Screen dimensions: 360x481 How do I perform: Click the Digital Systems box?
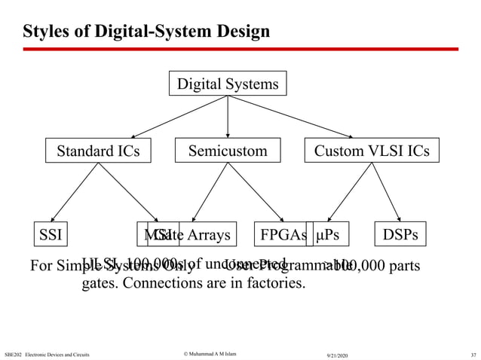[228, 84]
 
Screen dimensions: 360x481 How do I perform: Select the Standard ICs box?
[98, 151]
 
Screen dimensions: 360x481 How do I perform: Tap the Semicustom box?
[228, 151]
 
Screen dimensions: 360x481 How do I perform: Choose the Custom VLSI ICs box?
[372, 151]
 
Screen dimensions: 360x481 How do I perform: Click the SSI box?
[51, 234]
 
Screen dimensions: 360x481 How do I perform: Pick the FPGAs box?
[283, 234]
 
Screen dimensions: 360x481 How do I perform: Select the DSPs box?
[400, 234]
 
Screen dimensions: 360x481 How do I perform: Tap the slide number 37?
[472, 354]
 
